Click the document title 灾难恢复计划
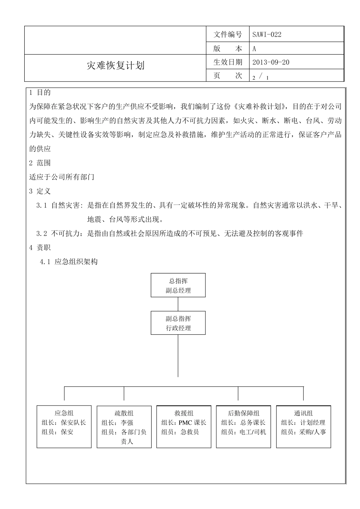[116, 66]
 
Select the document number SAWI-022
[267, 34]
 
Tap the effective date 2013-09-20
[271, 62]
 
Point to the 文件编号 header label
[227, 34]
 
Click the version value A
[254, 48]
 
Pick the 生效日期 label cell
[227, 62]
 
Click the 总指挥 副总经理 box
[178, 285]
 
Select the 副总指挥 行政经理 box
[178, 323]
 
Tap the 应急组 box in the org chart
[64, 427]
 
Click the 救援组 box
[184, 427]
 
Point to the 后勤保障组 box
[244, 427]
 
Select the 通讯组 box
[304, 427]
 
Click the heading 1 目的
[40, 92]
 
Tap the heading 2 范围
[40, 163]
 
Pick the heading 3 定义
[40, 191]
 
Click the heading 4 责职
[40, 248]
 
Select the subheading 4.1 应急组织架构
[69, 262]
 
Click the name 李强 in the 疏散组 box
[127, 423]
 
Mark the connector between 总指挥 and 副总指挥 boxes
[178, 304]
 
